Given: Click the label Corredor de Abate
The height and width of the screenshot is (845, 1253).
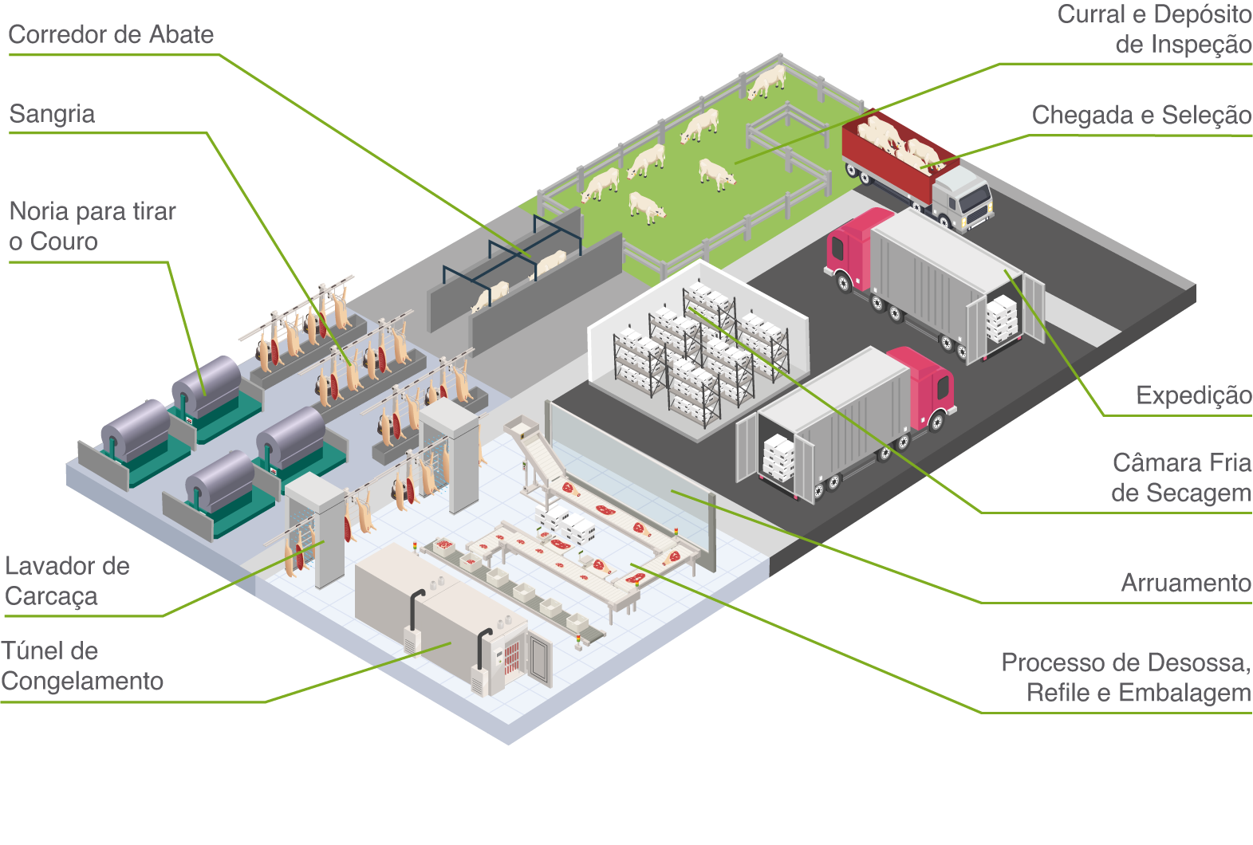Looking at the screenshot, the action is click(111, 35).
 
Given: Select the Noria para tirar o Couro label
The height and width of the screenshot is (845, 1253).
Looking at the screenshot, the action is click(93, 226).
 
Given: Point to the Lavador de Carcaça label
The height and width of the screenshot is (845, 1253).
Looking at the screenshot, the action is click(67, 582).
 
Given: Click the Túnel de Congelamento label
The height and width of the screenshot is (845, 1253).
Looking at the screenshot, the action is click(81, 666).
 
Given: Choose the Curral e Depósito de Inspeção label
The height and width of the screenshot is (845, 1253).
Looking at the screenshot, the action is click(1153, 29).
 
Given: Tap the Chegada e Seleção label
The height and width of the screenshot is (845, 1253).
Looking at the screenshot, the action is click(1141, 116).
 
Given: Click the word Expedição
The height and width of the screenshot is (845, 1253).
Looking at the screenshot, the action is click(1194, 395).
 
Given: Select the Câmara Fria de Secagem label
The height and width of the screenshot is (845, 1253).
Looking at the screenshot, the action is click(1181, 478).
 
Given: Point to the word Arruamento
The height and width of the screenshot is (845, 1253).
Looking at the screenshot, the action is click(1186, 583).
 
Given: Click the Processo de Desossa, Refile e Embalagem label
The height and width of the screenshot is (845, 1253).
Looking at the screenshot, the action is click(1126, 678).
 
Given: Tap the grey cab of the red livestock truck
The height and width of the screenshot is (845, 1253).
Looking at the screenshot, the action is click(962, 197).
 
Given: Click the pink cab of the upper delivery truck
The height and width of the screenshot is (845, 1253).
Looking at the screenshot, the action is click(851, 246).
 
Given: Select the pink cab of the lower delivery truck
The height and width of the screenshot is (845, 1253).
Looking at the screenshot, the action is click(926, 386).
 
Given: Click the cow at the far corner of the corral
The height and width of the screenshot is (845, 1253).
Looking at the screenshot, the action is click(767, 81).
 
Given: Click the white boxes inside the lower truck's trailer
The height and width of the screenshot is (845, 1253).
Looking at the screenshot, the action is click(779, 458).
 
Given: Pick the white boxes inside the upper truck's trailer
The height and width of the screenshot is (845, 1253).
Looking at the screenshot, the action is click(1002, 319).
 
